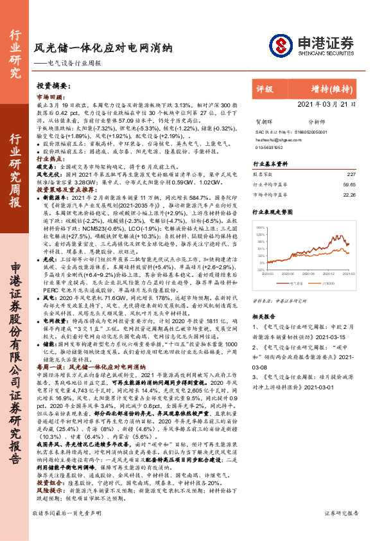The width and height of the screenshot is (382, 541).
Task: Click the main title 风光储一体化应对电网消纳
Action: tap(103, 48)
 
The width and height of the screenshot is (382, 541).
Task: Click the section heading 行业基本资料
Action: tap(270, 164)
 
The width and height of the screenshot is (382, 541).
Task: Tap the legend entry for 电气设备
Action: tap(296, 281)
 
